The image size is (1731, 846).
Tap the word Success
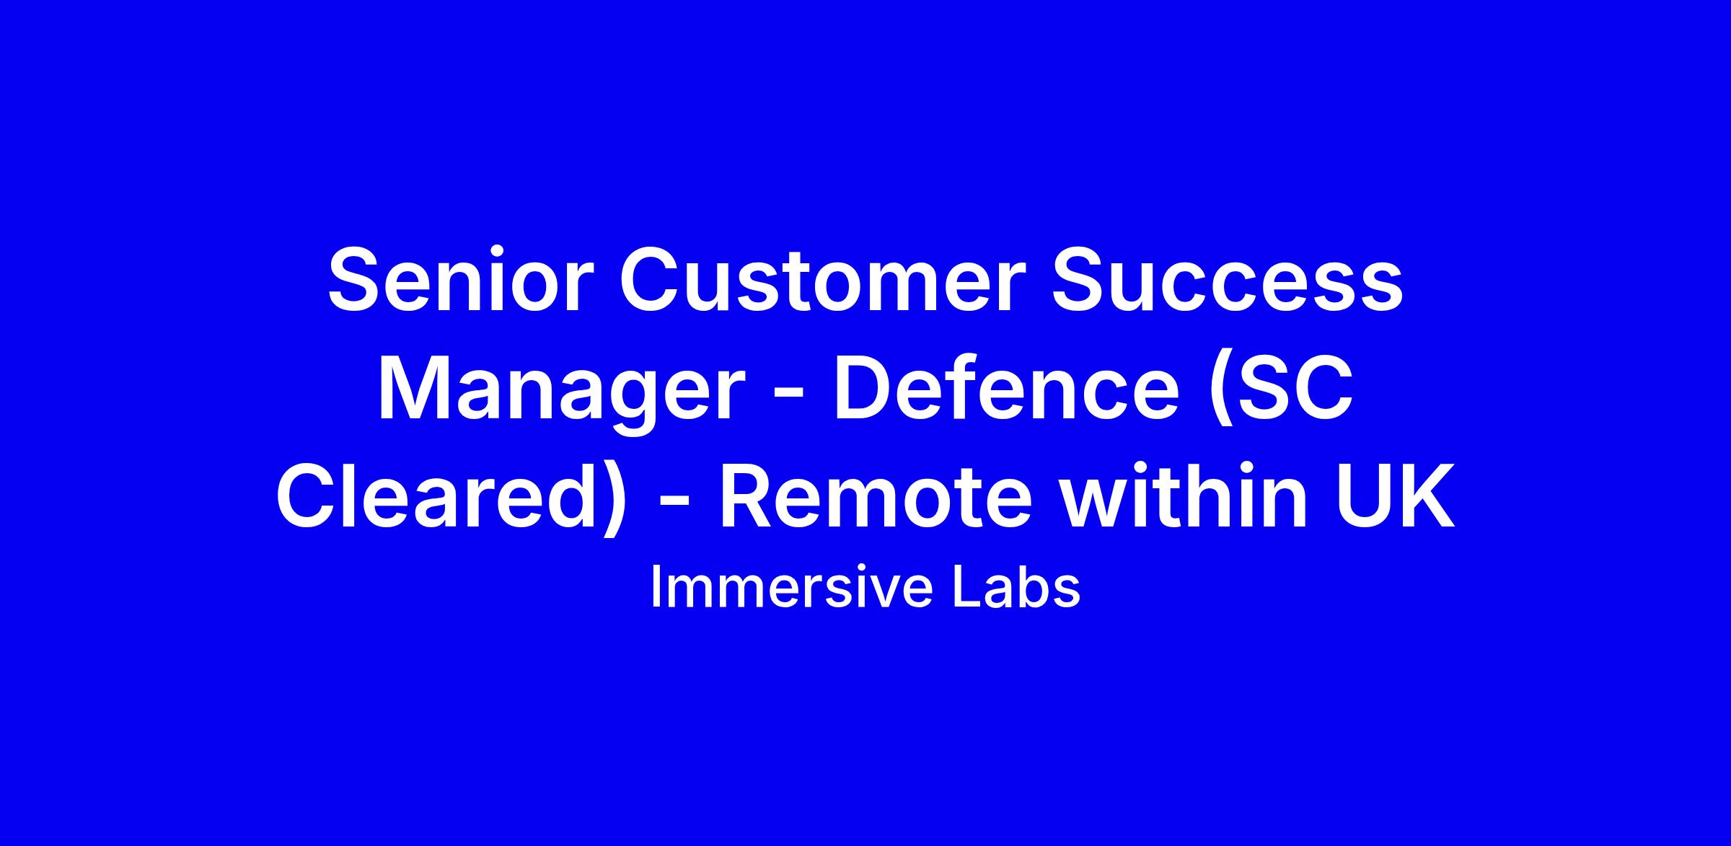(x=1228, y=281)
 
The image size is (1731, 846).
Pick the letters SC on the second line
(x=1291, y=390)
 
